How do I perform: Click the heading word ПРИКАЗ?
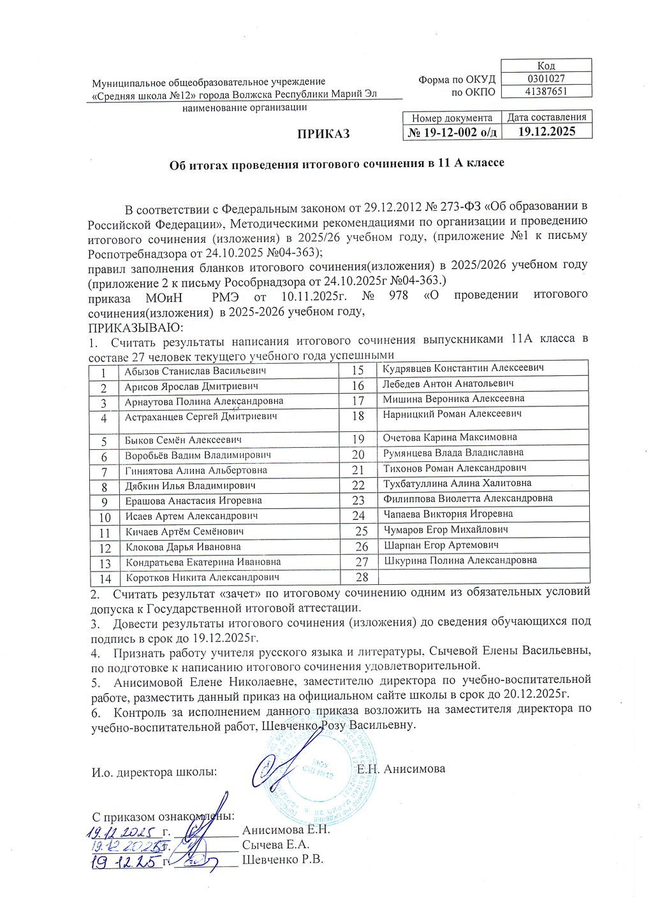coord(323,134)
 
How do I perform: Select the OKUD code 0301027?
coord(547,78)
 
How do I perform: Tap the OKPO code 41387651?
coord(547,91)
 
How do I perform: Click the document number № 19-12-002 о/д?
coord(452,132)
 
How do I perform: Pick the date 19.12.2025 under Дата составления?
coord(547,131)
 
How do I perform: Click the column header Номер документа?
coord(452,118)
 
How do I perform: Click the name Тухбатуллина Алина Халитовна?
coord(457,483)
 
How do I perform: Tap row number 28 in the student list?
coord(362,577)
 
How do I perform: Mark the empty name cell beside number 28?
coord(483,577)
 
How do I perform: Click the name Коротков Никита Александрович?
coord(203,577)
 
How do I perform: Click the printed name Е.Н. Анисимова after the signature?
coord(401,768)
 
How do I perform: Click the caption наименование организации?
coord(244,108)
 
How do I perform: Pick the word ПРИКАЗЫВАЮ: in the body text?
coord(135,327)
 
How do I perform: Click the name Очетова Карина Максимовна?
coord(450,437)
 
